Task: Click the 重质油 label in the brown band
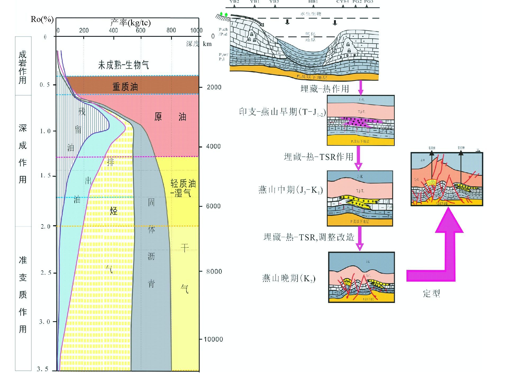[x=125, y=86]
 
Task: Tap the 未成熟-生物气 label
[x=123, y=65]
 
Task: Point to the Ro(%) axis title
[x=42, y=19]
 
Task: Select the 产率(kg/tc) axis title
[x=130, y=23]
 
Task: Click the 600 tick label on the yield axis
[x=140, y=30]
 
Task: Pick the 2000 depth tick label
[x=214, y=87]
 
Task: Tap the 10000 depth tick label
[x=213, y=339]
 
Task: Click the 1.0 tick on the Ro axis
[x=45, y=131]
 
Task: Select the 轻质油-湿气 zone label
[x=183, y=188]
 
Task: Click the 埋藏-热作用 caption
[x=325, y=89]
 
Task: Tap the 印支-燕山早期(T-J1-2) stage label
[x=282, y=112]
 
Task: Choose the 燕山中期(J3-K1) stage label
[x=290, y=190]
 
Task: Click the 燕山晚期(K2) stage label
[x=289, y=278]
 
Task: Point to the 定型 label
[x=431, y=293]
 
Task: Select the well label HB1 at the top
[x=313, y=2]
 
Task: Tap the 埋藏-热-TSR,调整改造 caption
[x=309, y=237]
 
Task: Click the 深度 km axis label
[x=199, y=44]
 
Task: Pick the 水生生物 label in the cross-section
[x=310, y=14]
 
